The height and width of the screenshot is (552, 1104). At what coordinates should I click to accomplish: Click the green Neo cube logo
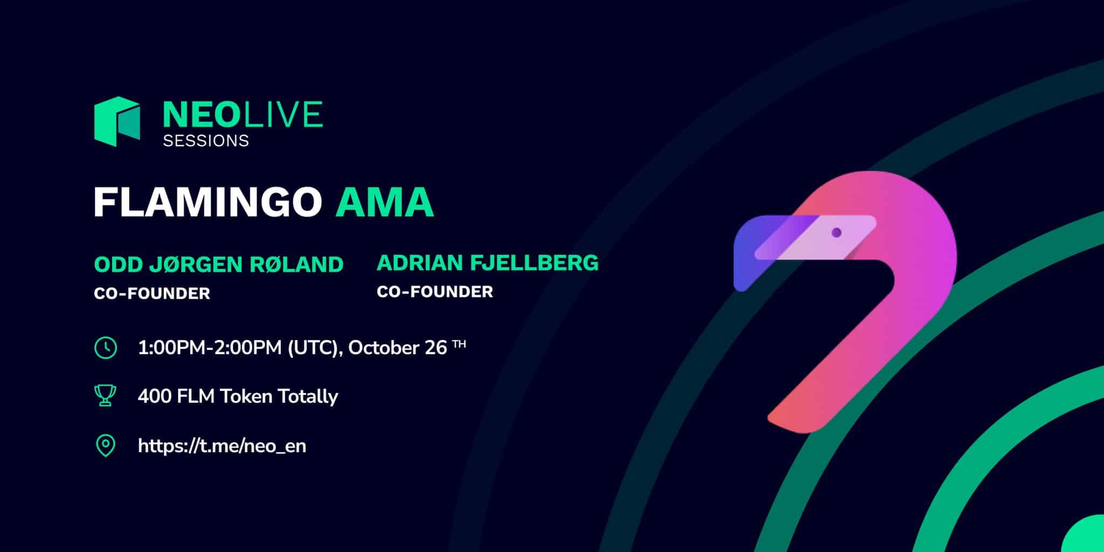coord(117,121)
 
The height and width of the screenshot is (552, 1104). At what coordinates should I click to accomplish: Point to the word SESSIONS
coord(206,141)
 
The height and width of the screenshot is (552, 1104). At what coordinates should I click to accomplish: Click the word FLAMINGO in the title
coord(208,203)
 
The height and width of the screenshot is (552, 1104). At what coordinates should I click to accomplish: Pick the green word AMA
coord(385,203)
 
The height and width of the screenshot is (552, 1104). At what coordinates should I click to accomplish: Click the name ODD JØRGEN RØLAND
coord(219,264)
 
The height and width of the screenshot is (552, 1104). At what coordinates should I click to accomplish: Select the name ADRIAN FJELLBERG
coord(488,263)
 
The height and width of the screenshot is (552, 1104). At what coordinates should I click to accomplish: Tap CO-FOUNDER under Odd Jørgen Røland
coord(152,294)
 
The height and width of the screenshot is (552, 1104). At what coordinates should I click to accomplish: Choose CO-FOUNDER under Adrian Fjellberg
coord(435,292)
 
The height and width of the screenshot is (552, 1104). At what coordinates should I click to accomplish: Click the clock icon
coord(106,348)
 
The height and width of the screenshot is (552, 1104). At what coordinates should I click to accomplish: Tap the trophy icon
coord(105,396)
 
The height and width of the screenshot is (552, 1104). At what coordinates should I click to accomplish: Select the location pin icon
coord(106,446)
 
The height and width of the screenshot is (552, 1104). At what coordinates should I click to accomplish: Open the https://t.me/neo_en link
coord(222,446)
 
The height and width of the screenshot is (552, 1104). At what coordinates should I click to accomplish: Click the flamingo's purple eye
coord(837,232)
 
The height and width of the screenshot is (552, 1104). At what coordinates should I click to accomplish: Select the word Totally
coord(308,397)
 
